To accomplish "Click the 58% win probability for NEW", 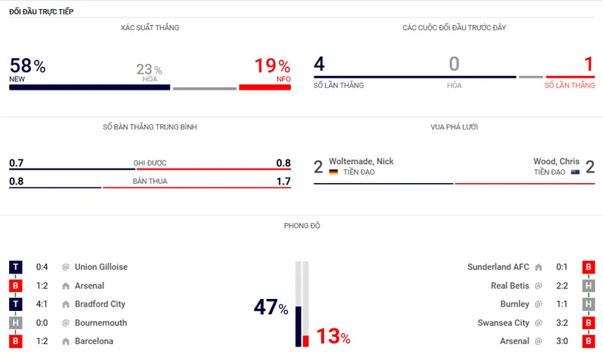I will coord(27,66).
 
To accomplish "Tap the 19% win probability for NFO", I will coord(272,66).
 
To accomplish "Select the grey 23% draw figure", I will coord(148,70).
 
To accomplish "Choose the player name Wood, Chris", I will coord(556,161).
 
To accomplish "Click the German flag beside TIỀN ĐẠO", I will coord(333,172).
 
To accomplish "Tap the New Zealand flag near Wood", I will coord(575,172).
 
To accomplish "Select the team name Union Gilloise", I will coord(101,267).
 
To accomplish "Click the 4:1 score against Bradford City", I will coord(43,304).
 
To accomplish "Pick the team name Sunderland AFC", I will coord(497,267).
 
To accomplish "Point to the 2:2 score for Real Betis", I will coord(562,286).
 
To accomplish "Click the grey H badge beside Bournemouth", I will coord(15,323).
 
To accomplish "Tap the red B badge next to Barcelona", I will coord(15,341).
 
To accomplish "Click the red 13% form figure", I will coord(332,337).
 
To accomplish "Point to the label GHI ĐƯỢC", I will coord(150,163).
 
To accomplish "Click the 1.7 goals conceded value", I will coord(283,182).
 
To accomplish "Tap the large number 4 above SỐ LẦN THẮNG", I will coord(320,65).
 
